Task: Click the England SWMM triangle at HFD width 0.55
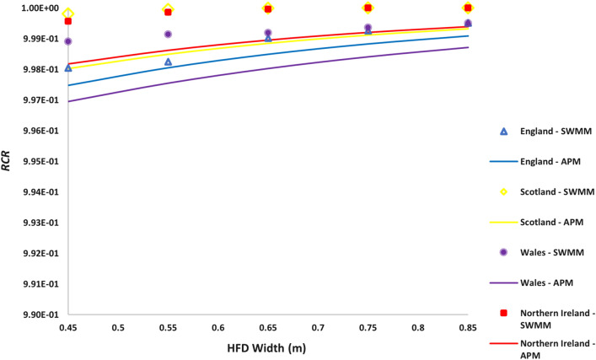coord(169,62)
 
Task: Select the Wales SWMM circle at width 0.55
coord(169,34)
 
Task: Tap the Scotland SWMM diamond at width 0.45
coord(69,13)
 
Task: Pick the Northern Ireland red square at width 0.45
coord(68,21)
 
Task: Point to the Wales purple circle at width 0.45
coord(68,40)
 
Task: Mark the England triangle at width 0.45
coord(68,67)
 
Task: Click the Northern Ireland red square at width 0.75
coord(368,8)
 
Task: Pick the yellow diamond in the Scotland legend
coord(503,192)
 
